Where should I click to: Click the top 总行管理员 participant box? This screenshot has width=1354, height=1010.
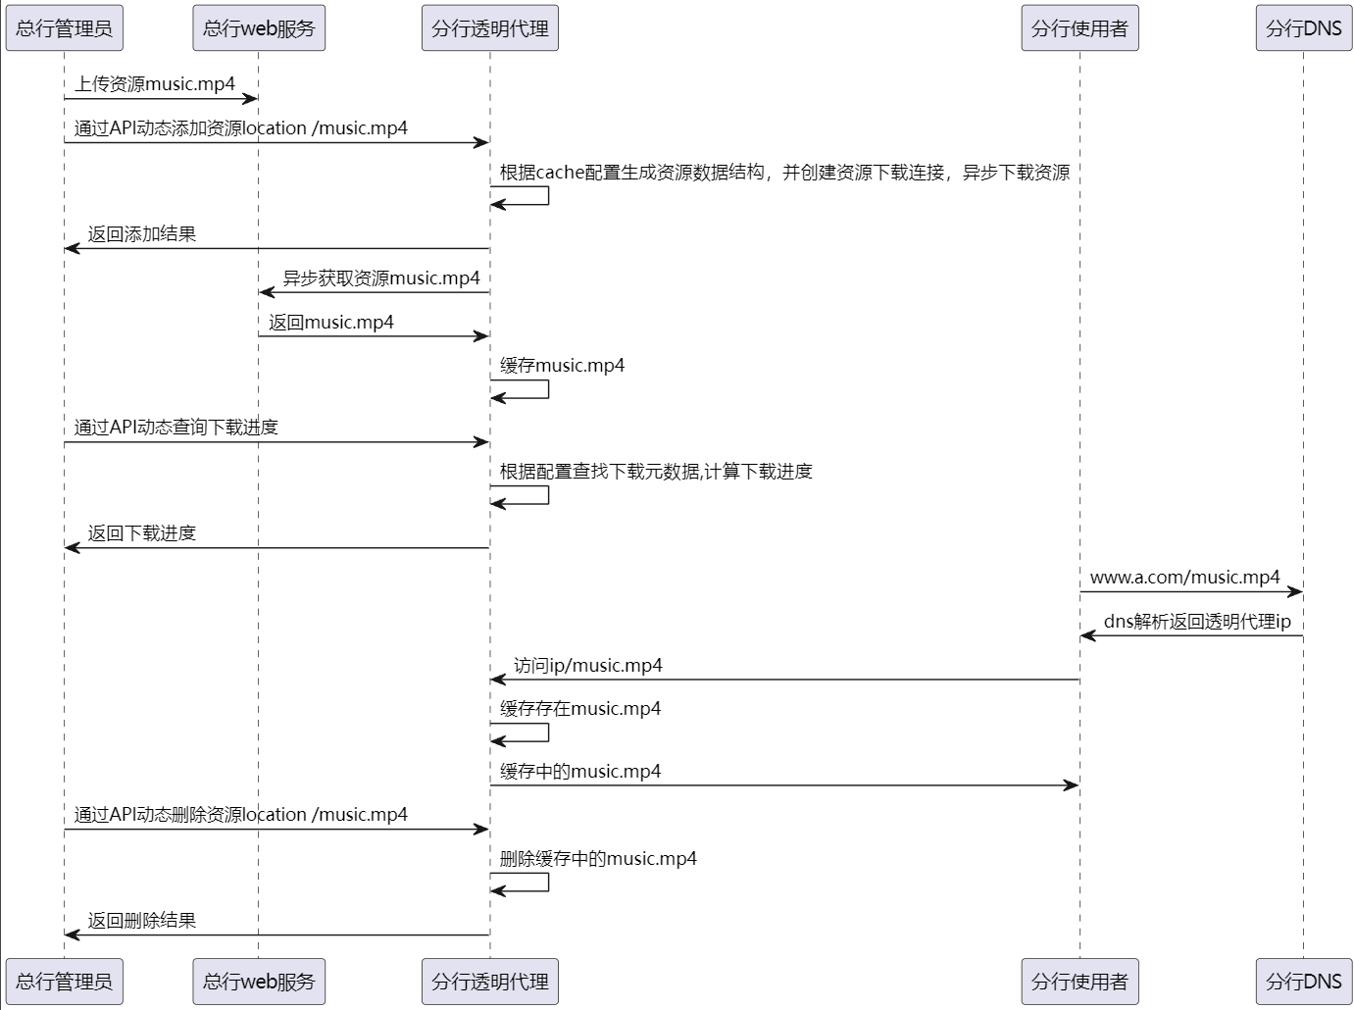click(x=64, y=28)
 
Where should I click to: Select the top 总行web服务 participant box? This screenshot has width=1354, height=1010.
click(x=259, y=28)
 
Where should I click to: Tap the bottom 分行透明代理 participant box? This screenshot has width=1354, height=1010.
click(x=490, y=982)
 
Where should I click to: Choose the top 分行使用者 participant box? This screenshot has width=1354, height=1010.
click(x=1079, y=28)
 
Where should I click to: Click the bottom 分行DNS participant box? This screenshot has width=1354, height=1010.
click(x=1303, y=982)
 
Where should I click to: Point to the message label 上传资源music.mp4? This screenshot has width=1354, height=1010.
click(x=155, y=84)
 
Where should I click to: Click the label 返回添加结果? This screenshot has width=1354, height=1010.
click(x=142, y=234)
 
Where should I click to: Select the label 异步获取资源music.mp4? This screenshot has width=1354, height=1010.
click(x=381, y=278)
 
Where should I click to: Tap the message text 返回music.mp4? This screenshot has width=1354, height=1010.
click(x=331, y=323)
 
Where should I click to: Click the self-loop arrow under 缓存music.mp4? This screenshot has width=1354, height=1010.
click(x=534, y=389)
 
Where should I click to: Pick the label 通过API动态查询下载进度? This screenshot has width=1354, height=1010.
click(x=176, y=428)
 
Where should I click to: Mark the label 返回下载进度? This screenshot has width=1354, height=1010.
click(x=142, y=533)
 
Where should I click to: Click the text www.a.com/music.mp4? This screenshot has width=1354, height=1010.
click(x=1184, y=578)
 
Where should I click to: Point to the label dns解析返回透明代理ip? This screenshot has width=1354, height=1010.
click(x=1197, y=622)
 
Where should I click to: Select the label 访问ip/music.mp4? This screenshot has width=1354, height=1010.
click(x=588, y=666)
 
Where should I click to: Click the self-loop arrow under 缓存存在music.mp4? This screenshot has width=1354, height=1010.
click(x=534, y=732)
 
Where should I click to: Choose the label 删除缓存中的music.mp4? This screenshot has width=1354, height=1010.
click(x=598, y=859)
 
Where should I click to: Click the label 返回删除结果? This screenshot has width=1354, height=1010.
click(x=142, y=921)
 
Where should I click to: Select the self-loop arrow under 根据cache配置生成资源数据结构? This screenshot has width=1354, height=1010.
click(x=534, y=195)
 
